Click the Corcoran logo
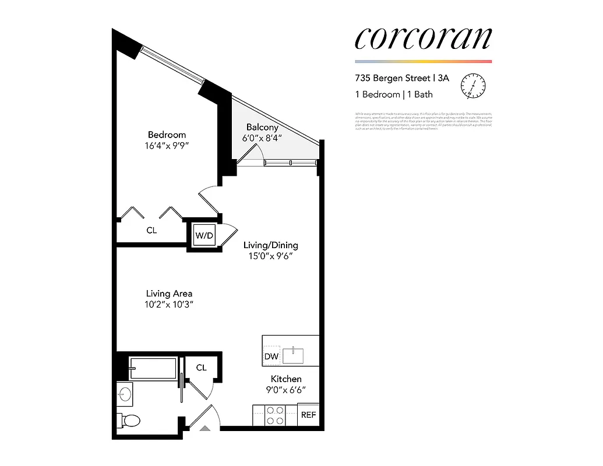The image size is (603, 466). pos(423,38)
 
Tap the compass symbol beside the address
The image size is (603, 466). pos(473,86)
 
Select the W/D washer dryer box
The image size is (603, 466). pos(204,236)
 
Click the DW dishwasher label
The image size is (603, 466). pos(271,356)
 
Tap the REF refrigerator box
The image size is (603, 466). pos(308,415)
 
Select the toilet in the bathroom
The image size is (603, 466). pos(130,421)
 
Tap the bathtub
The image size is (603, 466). pos(153,369)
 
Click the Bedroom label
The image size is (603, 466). pos(167,135)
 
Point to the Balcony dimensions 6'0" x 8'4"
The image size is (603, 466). pos(262,138)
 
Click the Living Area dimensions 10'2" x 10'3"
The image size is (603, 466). pos(170,305)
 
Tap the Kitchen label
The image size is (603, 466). pos(286,379)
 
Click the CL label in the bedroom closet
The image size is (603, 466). pos(151,231)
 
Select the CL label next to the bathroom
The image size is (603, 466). pos(201,368)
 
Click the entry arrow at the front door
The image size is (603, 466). pos(204,428)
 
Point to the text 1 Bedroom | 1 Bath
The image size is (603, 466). pos(394,94)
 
